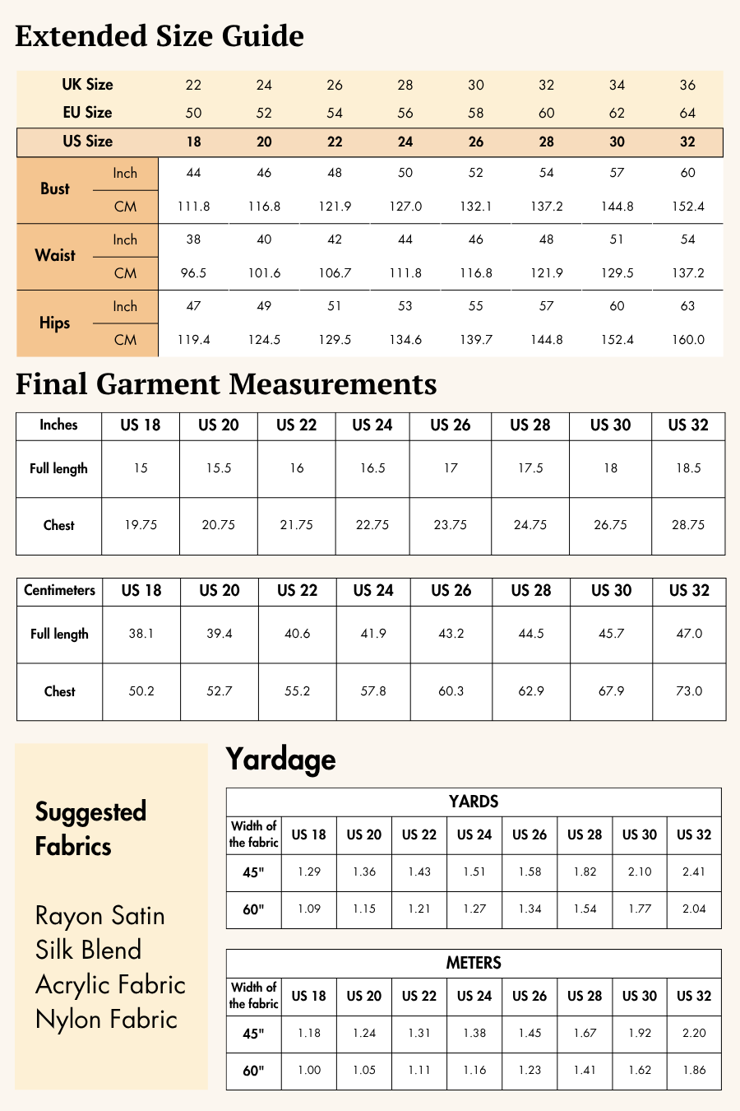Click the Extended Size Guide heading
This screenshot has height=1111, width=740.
[160, 36]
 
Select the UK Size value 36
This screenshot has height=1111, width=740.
[687, 85]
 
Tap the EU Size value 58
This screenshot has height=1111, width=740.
[476, 113]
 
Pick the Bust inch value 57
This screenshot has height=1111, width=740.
[617, 173]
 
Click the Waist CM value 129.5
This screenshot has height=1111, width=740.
[617, 273]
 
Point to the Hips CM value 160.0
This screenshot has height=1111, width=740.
[687, 340]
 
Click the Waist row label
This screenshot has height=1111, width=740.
[55, 255]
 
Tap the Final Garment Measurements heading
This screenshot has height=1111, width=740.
[226, 384]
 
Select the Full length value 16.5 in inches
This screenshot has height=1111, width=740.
[372, 468]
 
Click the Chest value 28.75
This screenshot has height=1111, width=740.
[688, 525]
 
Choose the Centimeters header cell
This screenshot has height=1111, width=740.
[59, 590]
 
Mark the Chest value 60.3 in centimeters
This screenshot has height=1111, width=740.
[451, 691]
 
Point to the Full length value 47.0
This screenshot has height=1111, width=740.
[689, 634]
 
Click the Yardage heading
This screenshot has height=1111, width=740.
[280, 759]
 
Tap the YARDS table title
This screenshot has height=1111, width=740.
[474, 802]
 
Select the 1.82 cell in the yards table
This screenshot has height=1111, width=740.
[585, 872]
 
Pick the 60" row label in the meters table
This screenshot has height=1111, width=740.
[253, 1071]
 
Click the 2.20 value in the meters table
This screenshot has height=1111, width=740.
[694, 1033]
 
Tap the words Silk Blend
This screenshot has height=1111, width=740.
[88, 950]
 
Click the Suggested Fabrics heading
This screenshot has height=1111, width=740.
[90, 829]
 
